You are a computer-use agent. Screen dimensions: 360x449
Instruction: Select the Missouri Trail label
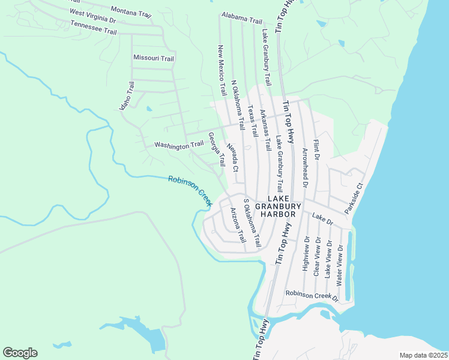tap(153, 58)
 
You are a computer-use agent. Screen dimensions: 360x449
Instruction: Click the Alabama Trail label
tap(241, 18)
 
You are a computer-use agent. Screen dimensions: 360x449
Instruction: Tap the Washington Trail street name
tap(178, 145)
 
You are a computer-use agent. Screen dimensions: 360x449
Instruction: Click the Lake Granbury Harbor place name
tap(274, 206)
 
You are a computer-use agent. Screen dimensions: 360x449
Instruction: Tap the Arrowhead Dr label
tap(305, 168)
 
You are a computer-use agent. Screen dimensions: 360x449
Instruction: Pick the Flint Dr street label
tap(316, 148)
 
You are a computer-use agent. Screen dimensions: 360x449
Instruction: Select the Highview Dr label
tap(306, 255)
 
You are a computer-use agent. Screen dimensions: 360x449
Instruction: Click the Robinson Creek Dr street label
tap(312, 294)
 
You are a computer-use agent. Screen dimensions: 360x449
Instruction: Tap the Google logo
tap(20, 353)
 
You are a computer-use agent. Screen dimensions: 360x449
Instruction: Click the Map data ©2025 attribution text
tap(423, 355)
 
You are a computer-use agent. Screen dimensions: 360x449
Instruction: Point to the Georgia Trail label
tap(216, 149)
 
